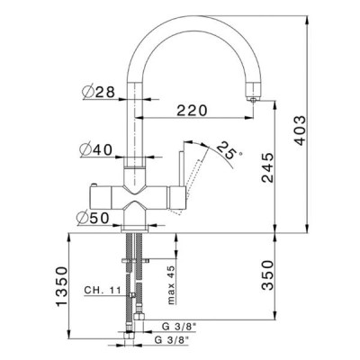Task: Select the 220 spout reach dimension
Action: tap(192, 111)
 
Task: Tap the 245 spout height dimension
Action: tap(267, 167)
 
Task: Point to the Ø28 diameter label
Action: tap(98, 92)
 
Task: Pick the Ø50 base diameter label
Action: tap(93, 218)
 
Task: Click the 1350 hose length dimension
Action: tap(62, 286)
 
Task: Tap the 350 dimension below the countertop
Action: tap(267, 275)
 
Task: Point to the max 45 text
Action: tap(171, 285)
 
